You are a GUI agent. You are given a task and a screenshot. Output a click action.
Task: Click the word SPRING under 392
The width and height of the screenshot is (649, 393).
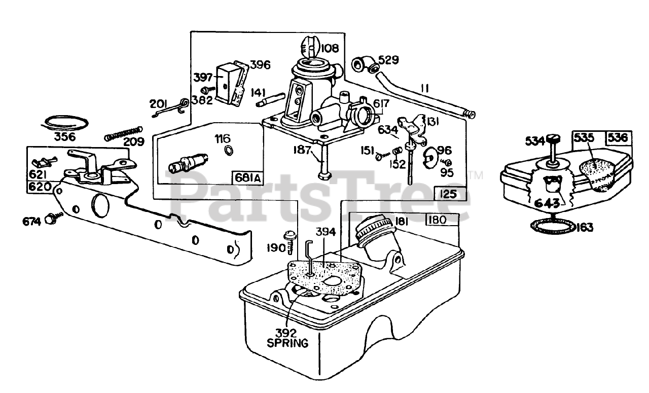point(287,343)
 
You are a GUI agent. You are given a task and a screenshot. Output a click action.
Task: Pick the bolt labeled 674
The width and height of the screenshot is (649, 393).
point(51,219)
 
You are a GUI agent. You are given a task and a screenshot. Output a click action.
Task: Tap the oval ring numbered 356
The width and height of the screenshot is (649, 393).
point(65,122)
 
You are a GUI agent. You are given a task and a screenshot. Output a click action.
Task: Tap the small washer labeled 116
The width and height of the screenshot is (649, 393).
point(228,150)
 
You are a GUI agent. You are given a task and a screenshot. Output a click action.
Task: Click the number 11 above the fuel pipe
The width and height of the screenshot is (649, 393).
point(424,88)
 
